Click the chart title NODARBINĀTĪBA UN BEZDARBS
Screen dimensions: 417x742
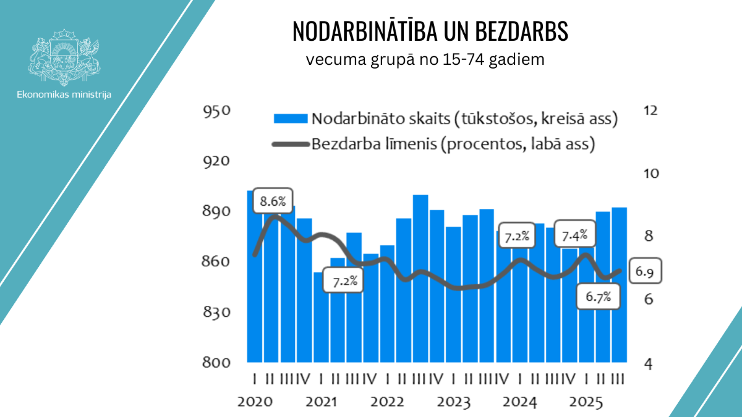tap(430, 32)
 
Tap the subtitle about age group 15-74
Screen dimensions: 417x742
tap(425, 61)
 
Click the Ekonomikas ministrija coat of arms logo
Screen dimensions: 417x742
tap(64, 57)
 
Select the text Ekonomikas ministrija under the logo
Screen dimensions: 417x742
tap(64, 95)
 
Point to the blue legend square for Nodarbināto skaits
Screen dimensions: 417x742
tap(290, 119)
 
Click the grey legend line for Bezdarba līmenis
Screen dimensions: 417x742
tap(290, 145)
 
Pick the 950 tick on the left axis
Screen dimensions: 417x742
tap(216, 111)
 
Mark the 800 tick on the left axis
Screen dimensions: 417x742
tap(216, 363)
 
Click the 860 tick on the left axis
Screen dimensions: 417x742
tap(216, 262)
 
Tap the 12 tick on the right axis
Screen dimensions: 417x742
tap(650, 111)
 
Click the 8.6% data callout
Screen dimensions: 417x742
tap(273, 201)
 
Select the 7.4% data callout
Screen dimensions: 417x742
tap(574, 235)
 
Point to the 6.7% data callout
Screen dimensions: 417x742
tap(598, 297)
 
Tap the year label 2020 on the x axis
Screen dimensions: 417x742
tap(255, 402)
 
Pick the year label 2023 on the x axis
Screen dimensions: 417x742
tap(454, 402)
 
